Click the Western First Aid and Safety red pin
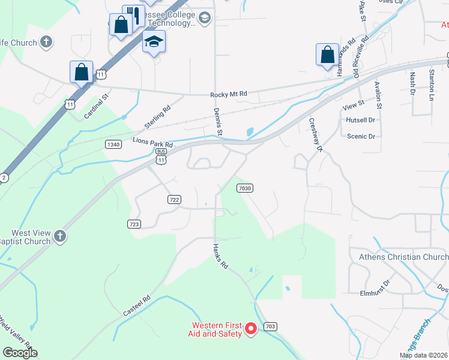pyautogui.click(x=252, y=328)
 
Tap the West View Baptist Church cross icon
pyautogui.click(x=59, y=236)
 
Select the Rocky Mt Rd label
pyautogui.click(x=229, y=95)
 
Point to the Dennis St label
pyautogui.click(x=218, y=121)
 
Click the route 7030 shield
pyautogui.click(x=244, y=188)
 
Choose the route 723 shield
pyautogui.click(x=134, y=224)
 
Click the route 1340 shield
pyautogui.click(x=113, y=144)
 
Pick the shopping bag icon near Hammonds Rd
pyautogui.click(x=327, y=55)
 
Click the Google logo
pyautogui.click(x=20, y=353)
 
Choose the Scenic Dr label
pyautogui.click(x=361, y=136)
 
